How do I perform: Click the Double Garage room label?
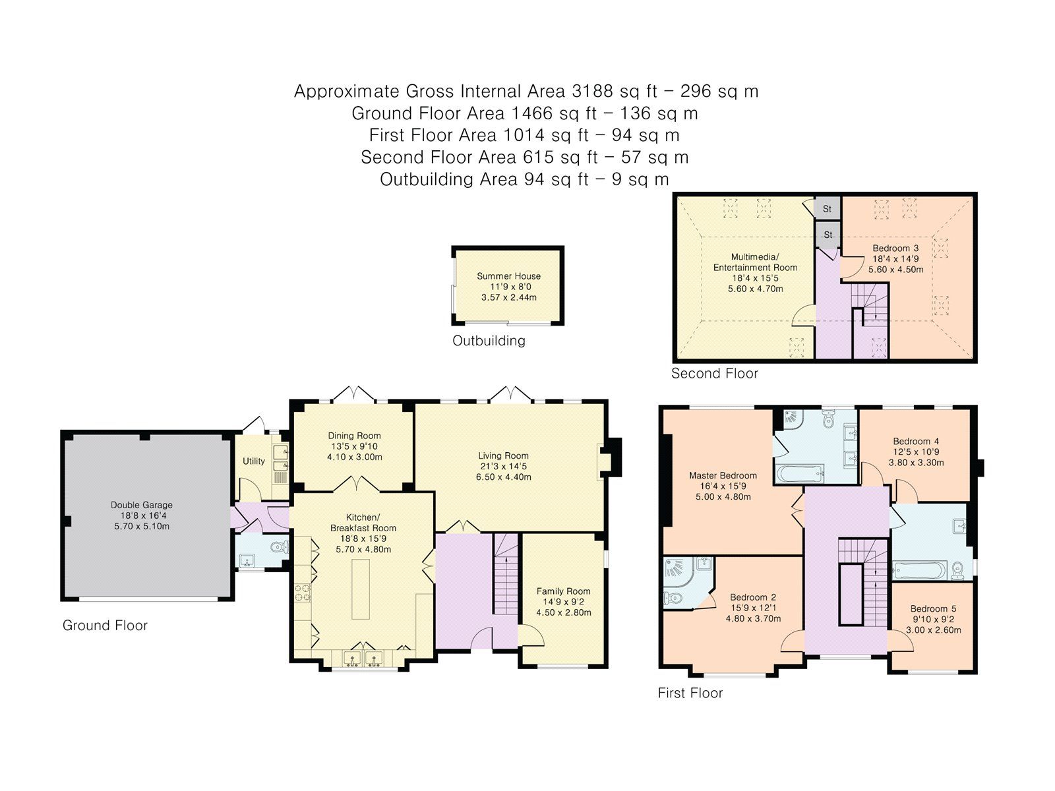pos(141,505)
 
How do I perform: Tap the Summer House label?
pos(508,276)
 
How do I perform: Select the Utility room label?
pos(254,461)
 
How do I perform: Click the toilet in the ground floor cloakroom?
pos(282,546)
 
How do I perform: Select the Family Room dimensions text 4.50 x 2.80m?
pos(563,612)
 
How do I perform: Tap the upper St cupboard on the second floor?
pos(828,208)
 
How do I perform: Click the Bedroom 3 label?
pos(895,249)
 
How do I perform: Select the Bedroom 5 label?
pos(933,609)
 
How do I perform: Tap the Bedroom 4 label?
pos(916,441)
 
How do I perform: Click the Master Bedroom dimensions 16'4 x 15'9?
pos(723,486)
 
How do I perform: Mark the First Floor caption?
pos(690,693)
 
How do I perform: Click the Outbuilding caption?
pos(489,341)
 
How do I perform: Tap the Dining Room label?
pos(354,436)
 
